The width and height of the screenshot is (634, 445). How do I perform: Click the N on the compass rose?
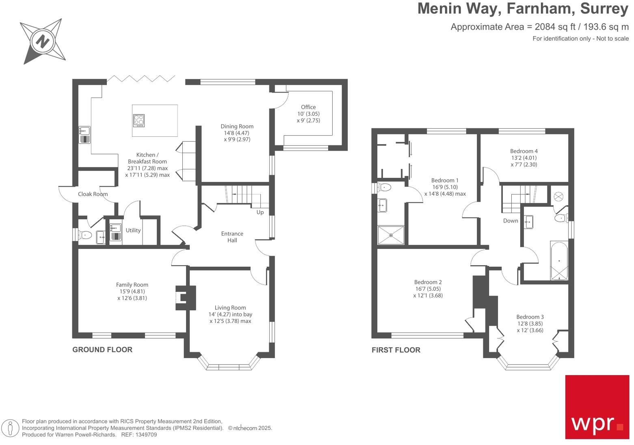[x=43, y=41]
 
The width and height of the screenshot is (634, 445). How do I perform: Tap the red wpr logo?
[x=597, y=407]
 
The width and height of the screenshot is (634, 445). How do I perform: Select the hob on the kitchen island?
[x=138, y=121]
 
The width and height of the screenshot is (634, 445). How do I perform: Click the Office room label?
[x=308, y=107]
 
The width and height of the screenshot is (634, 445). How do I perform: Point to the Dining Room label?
[x=237, y=126]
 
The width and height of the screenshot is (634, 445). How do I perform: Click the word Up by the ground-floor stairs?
[x=260, y=212]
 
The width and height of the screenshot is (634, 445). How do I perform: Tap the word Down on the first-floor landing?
[x=510, y=220]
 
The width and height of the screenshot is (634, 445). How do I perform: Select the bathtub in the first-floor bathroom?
[x=559, y=261]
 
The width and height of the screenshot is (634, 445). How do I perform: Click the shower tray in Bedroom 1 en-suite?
[x=391, y=235]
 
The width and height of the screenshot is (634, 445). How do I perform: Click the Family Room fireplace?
[x=185, y=298]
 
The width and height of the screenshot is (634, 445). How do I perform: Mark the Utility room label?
[x=133, y=230]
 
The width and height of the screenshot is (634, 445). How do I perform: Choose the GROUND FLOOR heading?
[x=102, y=350]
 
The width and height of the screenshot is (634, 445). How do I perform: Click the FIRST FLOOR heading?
[x=396, y=350]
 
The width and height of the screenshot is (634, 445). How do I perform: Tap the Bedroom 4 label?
[x=524, y=151]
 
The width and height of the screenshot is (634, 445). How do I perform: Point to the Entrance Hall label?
[x=232, y=237]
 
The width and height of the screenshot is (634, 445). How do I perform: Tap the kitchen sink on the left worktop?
[x=84, y=135]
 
